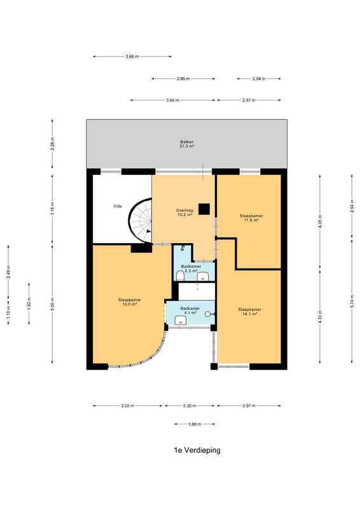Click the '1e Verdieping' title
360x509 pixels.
(x=197, y=450)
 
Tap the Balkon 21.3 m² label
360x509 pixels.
(x=186, y=144)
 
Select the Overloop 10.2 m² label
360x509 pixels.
(x=184, y=213)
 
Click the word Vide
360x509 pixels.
(x=118, y=206)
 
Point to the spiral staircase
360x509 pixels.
(x=140, y=220)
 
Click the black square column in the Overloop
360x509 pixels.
(x=204, y=209)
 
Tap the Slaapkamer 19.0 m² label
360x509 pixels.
(x=130, y=302)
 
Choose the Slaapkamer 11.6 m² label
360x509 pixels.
(x=251, y=218)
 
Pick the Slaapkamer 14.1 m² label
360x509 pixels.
(x=249, y=312)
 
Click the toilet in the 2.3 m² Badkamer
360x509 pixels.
(x=180, y=276)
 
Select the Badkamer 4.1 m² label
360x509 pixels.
(x=190, y=310)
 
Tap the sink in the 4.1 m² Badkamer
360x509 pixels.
(x=181, y=321)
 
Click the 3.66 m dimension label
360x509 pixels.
(x=132, y=57)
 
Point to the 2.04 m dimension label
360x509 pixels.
(x=259, y=78)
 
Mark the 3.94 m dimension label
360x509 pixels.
(x=173, y=101)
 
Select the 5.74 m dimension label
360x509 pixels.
(x=352, y=301)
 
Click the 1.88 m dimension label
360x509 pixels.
(x=195, y=424)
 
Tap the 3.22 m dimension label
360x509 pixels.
(x=128, y=406)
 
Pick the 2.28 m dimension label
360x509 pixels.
(x=52, y=144)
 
